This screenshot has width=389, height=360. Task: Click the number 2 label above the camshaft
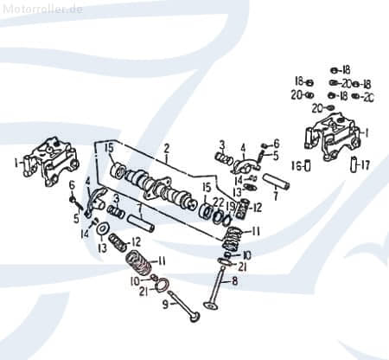coord(166,148)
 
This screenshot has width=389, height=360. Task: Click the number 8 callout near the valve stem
coord(234,281)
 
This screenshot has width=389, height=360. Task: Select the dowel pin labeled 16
coord(309,165)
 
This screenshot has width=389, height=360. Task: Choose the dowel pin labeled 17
coord(354,165)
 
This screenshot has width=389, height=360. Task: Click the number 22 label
coord(220,202)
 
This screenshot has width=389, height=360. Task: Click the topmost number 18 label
coord(346,69)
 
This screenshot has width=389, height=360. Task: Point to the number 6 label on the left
coord(71,185)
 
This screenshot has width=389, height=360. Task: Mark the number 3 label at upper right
coord(221,144)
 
